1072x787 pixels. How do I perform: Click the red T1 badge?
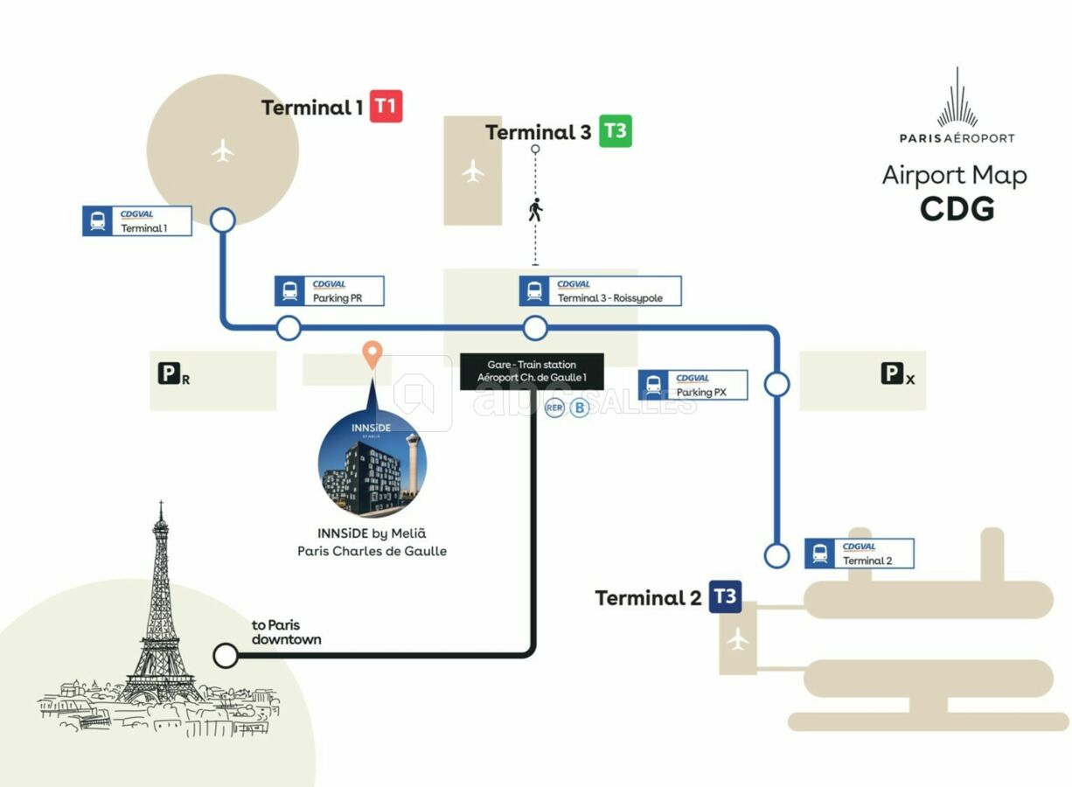click(x=386, y=107)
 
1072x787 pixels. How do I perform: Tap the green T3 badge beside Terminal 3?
click(x=615, y=131)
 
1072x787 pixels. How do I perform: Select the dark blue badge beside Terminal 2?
click(x=725, y=597)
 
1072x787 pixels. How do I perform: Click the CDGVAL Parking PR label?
click(x=330, y=291)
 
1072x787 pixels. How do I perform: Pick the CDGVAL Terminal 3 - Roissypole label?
click(x=600, y=291)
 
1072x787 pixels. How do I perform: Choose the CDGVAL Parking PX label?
click(x=693, y=385)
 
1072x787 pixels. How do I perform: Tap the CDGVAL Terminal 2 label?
click(x=859, y=554)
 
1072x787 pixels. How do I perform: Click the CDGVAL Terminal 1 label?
click(x=137, y=220)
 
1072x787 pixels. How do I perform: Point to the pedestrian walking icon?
click(x=535, y=210)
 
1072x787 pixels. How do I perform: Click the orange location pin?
click(x=372, y=355)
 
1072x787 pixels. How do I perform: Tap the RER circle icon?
click(x=554, y=407)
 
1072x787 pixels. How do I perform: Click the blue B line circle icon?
click(x=579, y=407)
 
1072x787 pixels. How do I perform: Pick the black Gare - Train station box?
click(x=532, y=371)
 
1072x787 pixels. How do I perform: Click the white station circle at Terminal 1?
click(x=223, y=219)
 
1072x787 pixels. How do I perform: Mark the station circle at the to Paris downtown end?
click(x=226, y=655)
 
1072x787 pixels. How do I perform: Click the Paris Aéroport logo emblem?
click(x=957, y=98)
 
